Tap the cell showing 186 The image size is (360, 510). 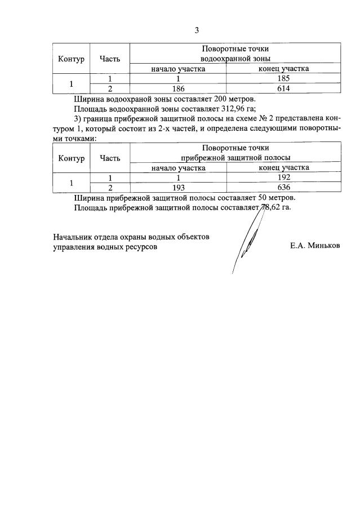(177, 88)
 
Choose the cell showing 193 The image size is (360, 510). (177, 188)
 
